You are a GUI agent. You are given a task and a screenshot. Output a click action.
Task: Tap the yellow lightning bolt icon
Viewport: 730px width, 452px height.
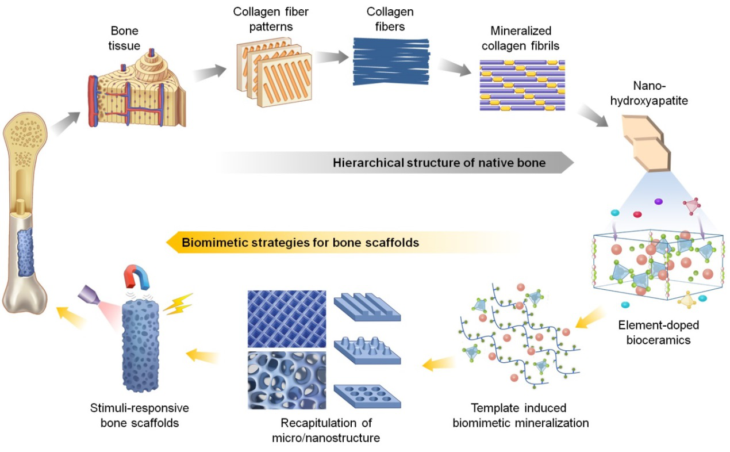176,302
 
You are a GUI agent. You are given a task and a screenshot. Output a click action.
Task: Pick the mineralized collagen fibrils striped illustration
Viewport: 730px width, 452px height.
522,85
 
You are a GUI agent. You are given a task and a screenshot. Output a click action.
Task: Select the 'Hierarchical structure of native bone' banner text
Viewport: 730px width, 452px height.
439,162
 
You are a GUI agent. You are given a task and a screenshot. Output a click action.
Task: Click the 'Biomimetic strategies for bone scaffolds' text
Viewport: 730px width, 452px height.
300,242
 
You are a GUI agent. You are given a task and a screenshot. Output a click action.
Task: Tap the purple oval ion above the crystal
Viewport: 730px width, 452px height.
658,202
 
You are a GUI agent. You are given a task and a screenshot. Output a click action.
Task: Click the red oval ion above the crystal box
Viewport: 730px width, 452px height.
637,214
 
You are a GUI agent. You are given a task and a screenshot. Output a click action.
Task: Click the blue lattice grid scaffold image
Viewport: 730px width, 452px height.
286,318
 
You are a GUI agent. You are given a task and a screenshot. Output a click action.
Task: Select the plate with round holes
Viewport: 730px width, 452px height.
366,393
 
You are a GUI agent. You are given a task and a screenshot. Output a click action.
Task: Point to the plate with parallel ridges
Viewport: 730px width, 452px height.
366,307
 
